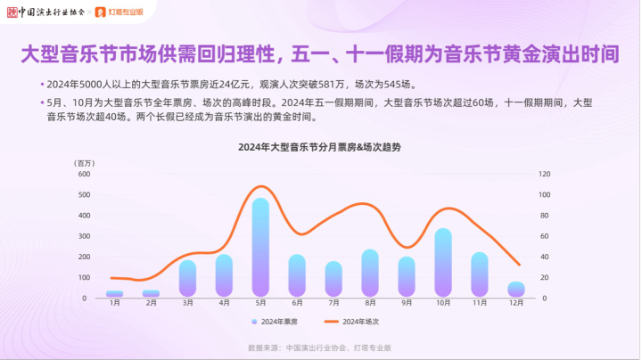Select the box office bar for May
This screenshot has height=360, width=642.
click(x=260, y=247)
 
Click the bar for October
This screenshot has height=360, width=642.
click(x=443, y=262)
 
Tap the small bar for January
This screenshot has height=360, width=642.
click(x=115, y=294)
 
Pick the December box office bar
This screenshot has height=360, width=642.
click(x=516, y=290)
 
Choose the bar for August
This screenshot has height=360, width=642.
click(x=370, y=273)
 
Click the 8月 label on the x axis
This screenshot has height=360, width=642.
click(x=370, y=303)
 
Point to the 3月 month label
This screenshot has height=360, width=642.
click(x=188, y=303)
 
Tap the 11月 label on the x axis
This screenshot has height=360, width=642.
click(x=480, y=303)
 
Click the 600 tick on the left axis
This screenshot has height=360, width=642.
click(x=84, y=175)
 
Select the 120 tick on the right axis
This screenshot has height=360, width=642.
click(x=544, y=175)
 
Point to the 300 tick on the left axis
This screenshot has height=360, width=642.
click(x=84, y=236)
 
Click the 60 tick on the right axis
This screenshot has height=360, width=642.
click(x=544, y=236)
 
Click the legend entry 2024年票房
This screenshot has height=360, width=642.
click(x=275, y=322)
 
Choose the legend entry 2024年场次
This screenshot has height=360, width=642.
click(x=351, y=322)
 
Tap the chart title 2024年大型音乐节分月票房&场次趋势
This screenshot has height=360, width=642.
click(x=319, y=147)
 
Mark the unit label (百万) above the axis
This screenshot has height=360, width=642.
click(x=85, y=164)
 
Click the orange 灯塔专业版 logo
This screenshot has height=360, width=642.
click(x=119, y=12)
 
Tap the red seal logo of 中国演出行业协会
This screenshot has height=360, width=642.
click(x=12, y=12)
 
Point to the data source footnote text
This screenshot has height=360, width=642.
click(x=319, y=348)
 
